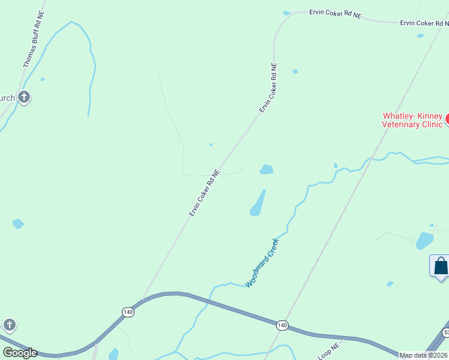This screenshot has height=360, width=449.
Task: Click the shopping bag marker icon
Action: (441, 265)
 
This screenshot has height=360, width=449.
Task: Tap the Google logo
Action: (20, 353)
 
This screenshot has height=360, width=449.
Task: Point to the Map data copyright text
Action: (424, 355)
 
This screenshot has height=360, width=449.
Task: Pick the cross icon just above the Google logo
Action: (9, 325)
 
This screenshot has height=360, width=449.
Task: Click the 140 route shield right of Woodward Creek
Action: (282, 325)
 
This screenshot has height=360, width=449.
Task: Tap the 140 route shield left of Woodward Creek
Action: (128, 312)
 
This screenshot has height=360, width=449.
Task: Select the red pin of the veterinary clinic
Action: (447, 118)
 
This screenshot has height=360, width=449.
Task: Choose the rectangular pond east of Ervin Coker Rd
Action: (267, 169)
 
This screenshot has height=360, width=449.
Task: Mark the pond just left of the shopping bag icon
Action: (424, 241)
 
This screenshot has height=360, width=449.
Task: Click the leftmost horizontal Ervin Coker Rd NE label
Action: (336, 13)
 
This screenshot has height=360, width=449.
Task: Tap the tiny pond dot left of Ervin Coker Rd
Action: (211, 145)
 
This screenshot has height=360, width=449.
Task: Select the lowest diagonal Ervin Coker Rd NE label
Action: (205, 193)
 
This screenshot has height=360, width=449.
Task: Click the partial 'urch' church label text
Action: (7, 98)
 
